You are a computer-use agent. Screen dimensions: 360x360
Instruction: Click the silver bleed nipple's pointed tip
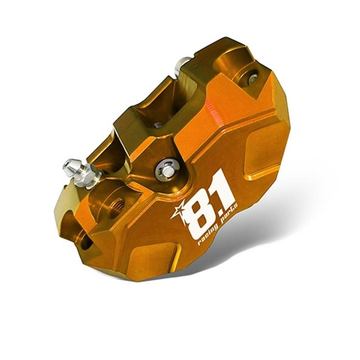(x=66, y=165)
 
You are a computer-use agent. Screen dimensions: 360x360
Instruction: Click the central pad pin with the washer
(x=167, y=171)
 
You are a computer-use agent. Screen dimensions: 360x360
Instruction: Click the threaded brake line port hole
(x=117, y=205)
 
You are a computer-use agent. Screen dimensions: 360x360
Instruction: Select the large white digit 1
(x=224, y=188)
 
